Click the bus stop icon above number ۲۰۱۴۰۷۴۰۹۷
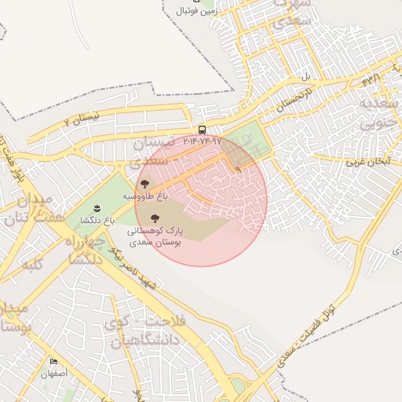click(203, 130)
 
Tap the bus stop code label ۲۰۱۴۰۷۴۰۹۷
click(203, 142)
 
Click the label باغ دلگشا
click(97, 221)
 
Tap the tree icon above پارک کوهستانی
click(153, 218)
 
